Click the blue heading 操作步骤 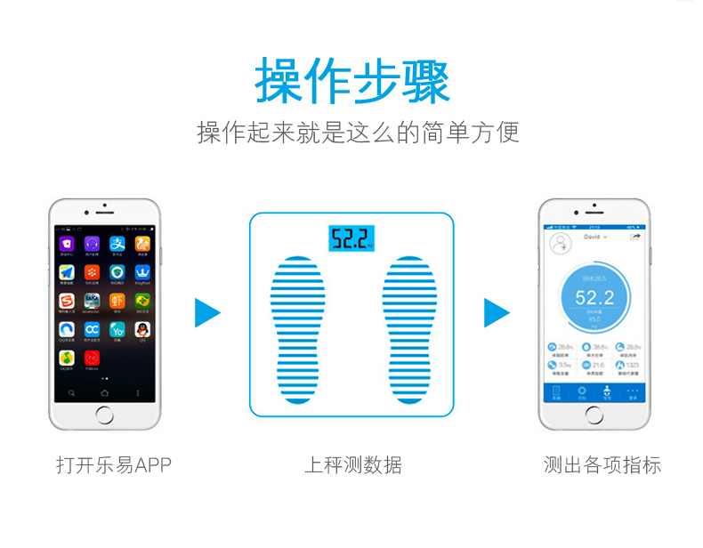click(x=352, y=81)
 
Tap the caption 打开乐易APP click(x=113, y=465)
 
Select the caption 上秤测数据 click(x=352, y=465)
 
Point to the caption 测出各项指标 click(x=602, y=465)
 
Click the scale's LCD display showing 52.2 click(x=351, y=238)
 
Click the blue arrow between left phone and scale click(x=206, y=312)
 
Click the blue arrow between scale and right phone click(x=496, y=312)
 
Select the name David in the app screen click(x=592, y=238)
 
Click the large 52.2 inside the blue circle click(x=594, y=297)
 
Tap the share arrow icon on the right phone click(x=634, y=238)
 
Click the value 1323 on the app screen click(x=633, y=366)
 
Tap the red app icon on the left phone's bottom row click(x=92, y=359)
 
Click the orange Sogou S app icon click(x=67, y=302)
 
